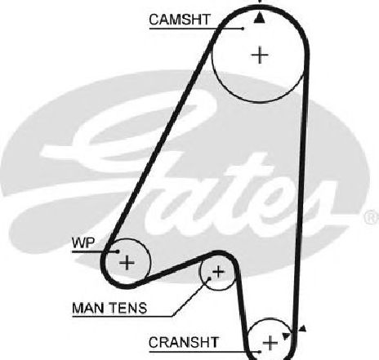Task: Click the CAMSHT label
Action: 180,20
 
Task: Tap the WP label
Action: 83,242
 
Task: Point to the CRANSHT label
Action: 184,342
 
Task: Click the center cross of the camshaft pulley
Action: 260,55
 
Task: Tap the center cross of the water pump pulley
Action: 127,263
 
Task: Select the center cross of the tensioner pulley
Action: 218,272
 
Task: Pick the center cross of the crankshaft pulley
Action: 270,343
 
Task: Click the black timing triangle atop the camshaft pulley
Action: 260,18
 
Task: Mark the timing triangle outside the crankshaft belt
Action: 302,329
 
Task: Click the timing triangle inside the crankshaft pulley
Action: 285,336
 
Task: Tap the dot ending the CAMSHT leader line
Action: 243,28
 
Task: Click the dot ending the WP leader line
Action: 118,251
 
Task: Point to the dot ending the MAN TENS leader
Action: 209,278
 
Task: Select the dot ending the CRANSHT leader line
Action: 260,352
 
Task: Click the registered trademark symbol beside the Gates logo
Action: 372,217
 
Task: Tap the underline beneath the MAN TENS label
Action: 123,317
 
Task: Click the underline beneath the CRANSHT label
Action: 204,352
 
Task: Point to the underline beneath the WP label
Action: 95,251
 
